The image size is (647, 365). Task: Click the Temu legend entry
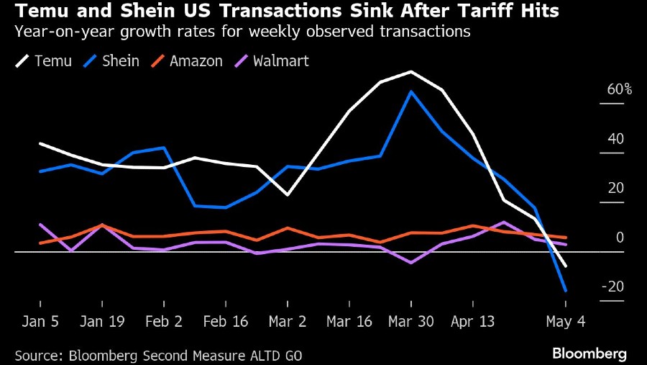point(45,60)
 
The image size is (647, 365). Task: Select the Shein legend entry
point(114,60)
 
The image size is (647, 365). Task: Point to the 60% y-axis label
point(619,90)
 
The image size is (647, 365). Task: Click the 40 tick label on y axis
point(616,139)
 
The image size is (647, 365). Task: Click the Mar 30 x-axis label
point(410,322)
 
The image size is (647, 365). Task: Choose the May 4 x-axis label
point(566,322)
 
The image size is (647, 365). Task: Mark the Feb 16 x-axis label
point(225,322)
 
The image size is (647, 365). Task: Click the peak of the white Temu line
point(410,71)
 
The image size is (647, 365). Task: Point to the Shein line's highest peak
point(410,91)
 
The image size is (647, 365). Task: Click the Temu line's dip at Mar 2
point(288,194)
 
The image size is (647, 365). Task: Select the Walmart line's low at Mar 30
point(410,263)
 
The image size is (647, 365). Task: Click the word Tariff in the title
point(485,13)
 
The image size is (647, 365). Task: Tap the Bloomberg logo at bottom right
point(589,353)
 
